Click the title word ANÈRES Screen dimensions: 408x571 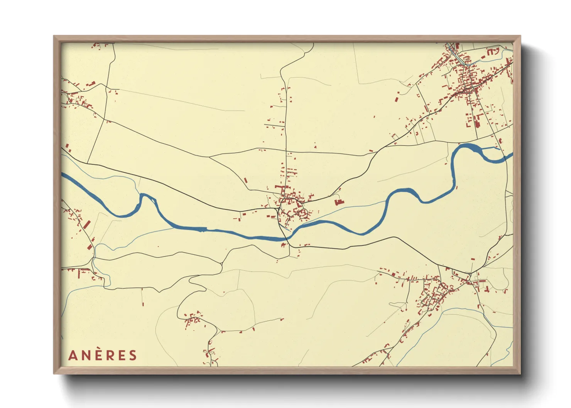point(103,355)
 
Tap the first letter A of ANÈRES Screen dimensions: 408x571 point(73,355)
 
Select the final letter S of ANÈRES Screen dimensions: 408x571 point(133,355)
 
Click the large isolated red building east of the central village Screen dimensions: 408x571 point(338,202)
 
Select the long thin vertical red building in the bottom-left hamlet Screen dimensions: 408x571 point(79,274)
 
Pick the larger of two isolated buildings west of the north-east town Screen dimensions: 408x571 point(396,98)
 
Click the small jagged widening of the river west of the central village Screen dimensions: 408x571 point(202,229)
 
